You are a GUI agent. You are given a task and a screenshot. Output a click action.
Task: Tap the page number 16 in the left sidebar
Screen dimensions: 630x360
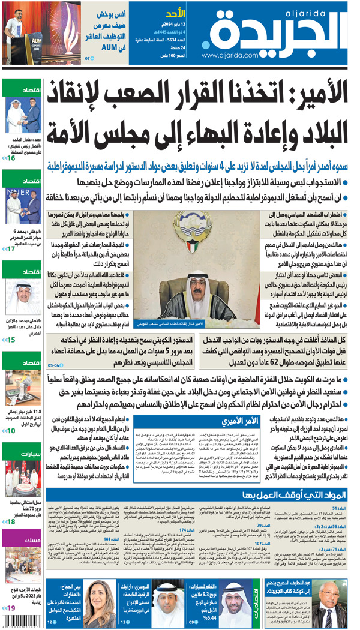(11, 158)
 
